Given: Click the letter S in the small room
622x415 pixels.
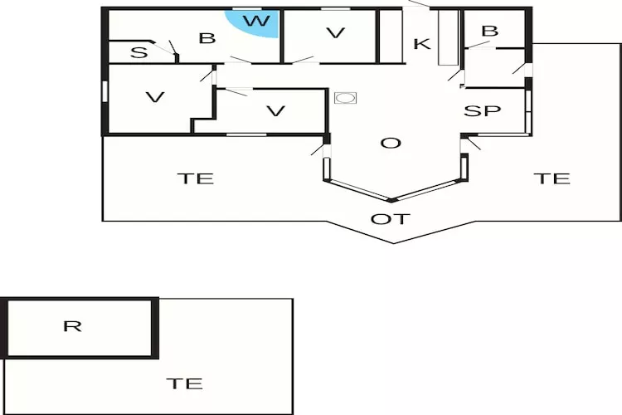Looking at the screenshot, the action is coord(138,53).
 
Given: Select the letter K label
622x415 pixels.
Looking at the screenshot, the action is coord(421,44).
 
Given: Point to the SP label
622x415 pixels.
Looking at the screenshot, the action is coord(482,110).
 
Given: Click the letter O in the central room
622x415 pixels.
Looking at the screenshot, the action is coord(391,143).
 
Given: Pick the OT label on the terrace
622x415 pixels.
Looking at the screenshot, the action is coord(390,219).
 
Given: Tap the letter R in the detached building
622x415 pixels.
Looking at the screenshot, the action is coord(73,326).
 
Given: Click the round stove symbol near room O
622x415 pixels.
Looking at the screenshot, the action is coord(345,98).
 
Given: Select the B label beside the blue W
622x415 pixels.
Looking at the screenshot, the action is coord(207,38).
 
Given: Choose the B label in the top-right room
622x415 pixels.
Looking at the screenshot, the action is coord(489,31).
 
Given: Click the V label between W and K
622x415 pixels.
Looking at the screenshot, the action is coord(336,33).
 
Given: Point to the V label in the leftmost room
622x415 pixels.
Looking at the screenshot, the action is coord(155,97).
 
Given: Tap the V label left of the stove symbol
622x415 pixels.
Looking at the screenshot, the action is coord(275,111).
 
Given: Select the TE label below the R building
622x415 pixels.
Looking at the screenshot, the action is coord(184,383).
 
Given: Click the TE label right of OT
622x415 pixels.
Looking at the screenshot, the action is coord(552,178).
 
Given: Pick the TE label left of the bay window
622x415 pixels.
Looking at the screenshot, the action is coord(195,178).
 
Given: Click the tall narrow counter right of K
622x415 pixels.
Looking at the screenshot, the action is coord(448,37).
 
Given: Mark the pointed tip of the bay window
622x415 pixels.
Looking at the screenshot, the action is coord(391,201).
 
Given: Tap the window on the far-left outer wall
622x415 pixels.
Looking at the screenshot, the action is coord(105,91).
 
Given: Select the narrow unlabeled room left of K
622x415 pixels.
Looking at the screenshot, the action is coord(391,37).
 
